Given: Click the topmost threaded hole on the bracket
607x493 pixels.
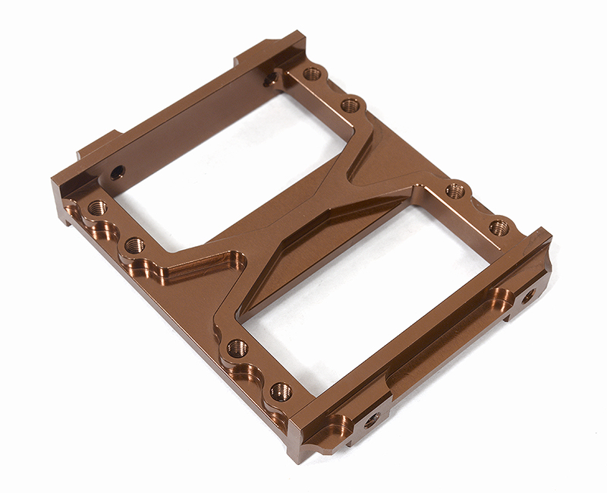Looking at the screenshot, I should tap(312, 74).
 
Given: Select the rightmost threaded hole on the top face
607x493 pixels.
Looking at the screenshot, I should tap(498, 227).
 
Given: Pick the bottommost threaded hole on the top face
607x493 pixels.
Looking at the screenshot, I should tap(281, 392).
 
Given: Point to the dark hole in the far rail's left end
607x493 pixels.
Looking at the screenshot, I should tap(116, 173).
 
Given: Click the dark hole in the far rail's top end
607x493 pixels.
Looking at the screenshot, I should tap(269, 80).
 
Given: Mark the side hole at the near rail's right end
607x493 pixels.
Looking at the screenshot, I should tap(528, 294).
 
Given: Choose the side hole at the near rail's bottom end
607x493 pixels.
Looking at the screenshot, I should tap(371, 419).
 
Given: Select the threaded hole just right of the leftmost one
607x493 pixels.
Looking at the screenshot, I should tap(135, 245).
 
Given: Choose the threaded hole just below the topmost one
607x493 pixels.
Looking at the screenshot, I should tap(350, 106).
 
